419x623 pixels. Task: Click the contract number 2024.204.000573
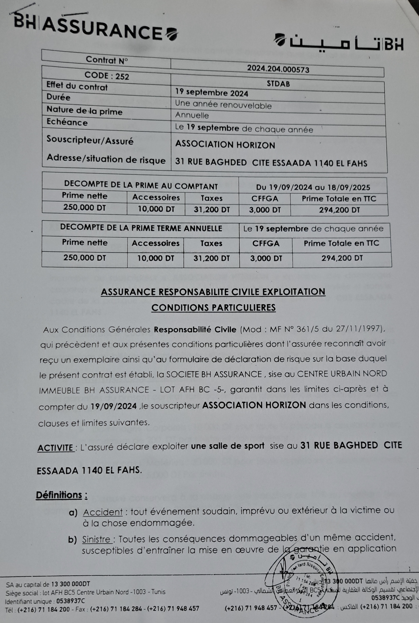(x=278, y=69)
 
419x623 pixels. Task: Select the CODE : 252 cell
(x=107, y=76)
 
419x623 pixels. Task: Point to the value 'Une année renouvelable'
(x=223, y=105)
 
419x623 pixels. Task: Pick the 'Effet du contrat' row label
(x=77, y=87)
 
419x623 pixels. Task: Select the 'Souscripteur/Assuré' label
(x=90, y=140)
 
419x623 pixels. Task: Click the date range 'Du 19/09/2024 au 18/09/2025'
(x=313, y=187)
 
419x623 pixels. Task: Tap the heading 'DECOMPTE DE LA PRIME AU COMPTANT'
(x=141, y=185)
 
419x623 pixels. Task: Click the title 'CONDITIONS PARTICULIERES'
(x=213, y=307)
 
